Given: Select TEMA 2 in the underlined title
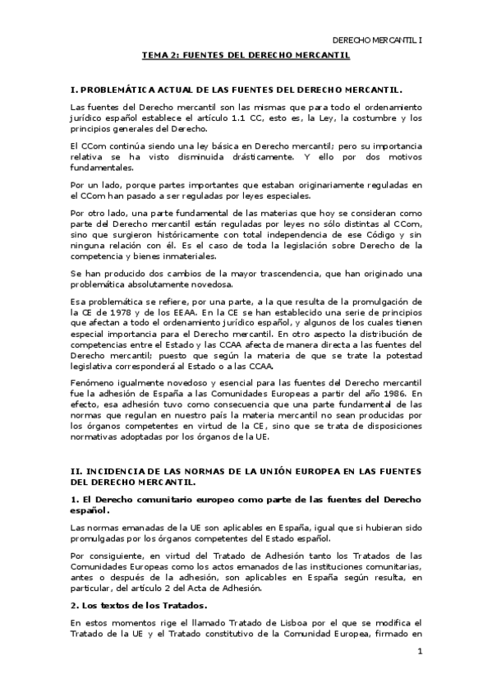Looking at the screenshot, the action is pyautogui.click(x=160, y=55).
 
